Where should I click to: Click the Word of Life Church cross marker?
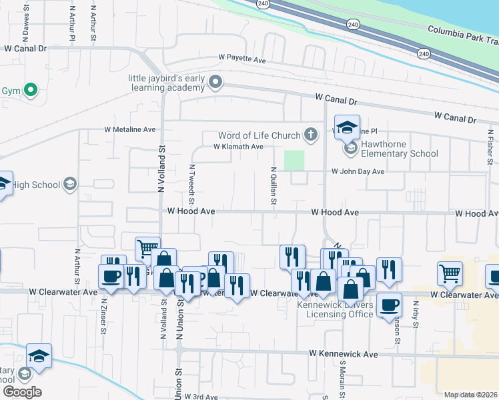310,135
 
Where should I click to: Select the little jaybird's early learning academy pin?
215,83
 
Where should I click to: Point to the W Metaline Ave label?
129,129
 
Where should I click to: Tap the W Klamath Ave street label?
238,147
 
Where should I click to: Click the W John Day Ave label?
358,171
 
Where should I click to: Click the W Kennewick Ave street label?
343,353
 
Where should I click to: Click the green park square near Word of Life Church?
294,160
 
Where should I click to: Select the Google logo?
22,391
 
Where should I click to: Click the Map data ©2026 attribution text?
470,395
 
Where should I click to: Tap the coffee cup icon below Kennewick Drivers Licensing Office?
389,306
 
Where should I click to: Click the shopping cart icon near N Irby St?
450,273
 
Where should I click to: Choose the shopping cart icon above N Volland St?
147,250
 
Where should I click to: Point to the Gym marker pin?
30,90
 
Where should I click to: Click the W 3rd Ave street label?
202,396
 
